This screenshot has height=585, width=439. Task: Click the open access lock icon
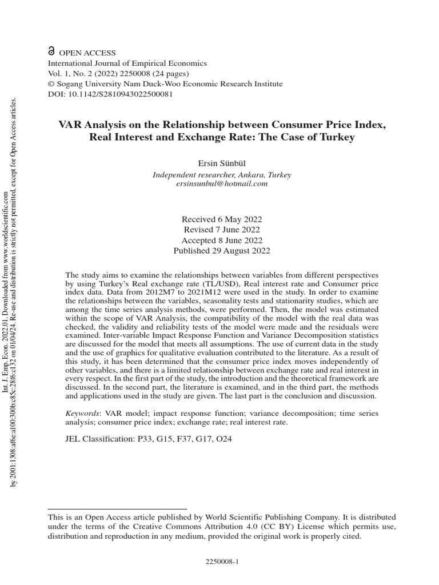(51, 52)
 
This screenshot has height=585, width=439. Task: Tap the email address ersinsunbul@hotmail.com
(221, 183)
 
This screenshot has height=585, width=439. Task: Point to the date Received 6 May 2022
(222, 219)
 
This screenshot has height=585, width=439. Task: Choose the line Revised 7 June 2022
(222, 230)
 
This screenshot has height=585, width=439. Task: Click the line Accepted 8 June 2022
(222, 240)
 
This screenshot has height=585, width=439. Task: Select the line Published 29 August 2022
(222, 250)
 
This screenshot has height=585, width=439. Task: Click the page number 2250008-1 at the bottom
(221, 562)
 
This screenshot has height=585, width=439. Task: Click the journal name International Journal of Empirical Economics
(127, 63)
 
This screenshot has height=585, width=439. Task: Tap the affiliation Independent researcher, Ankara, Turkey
(221, 174)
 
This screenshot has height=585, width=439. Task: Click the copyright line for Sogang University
(165, 84)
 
